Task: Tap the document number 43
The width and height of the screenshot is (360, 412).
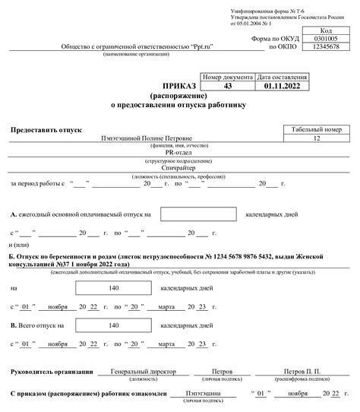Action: (228, 86)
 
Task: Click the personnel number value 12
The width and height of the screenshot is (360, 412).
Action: (317, 138)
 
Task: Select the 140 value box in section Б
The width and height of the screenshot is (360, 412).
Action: (115, 289)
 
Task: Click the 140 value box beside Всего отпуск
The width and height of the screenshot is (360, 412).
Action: (115, 326)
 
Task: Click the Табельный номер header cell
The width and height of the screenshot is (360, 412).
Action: (317, 130)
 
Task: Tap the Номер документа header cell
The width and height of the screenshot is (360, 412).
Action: (228, 78)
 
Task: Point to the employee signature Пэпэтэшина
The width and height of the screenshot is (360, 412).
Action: (197, 393)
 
